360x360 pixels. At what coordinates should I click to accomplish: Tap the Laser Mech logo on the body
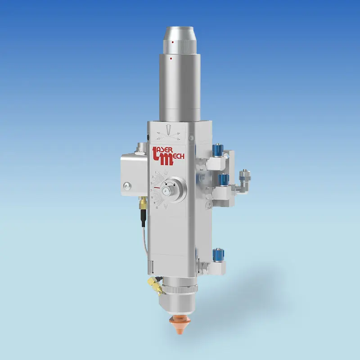173,154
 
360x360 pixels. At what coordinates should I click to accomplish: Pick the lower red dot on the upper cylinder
171,58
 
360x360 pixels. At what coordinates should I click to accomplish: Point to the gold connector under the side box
142,204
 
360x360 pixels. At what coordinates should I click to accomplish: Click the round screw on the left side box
127,185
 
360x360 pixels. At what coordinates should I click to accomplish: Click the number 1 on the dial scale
155,171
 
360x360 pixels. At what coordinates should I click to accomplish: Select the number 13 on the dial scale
156,208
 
